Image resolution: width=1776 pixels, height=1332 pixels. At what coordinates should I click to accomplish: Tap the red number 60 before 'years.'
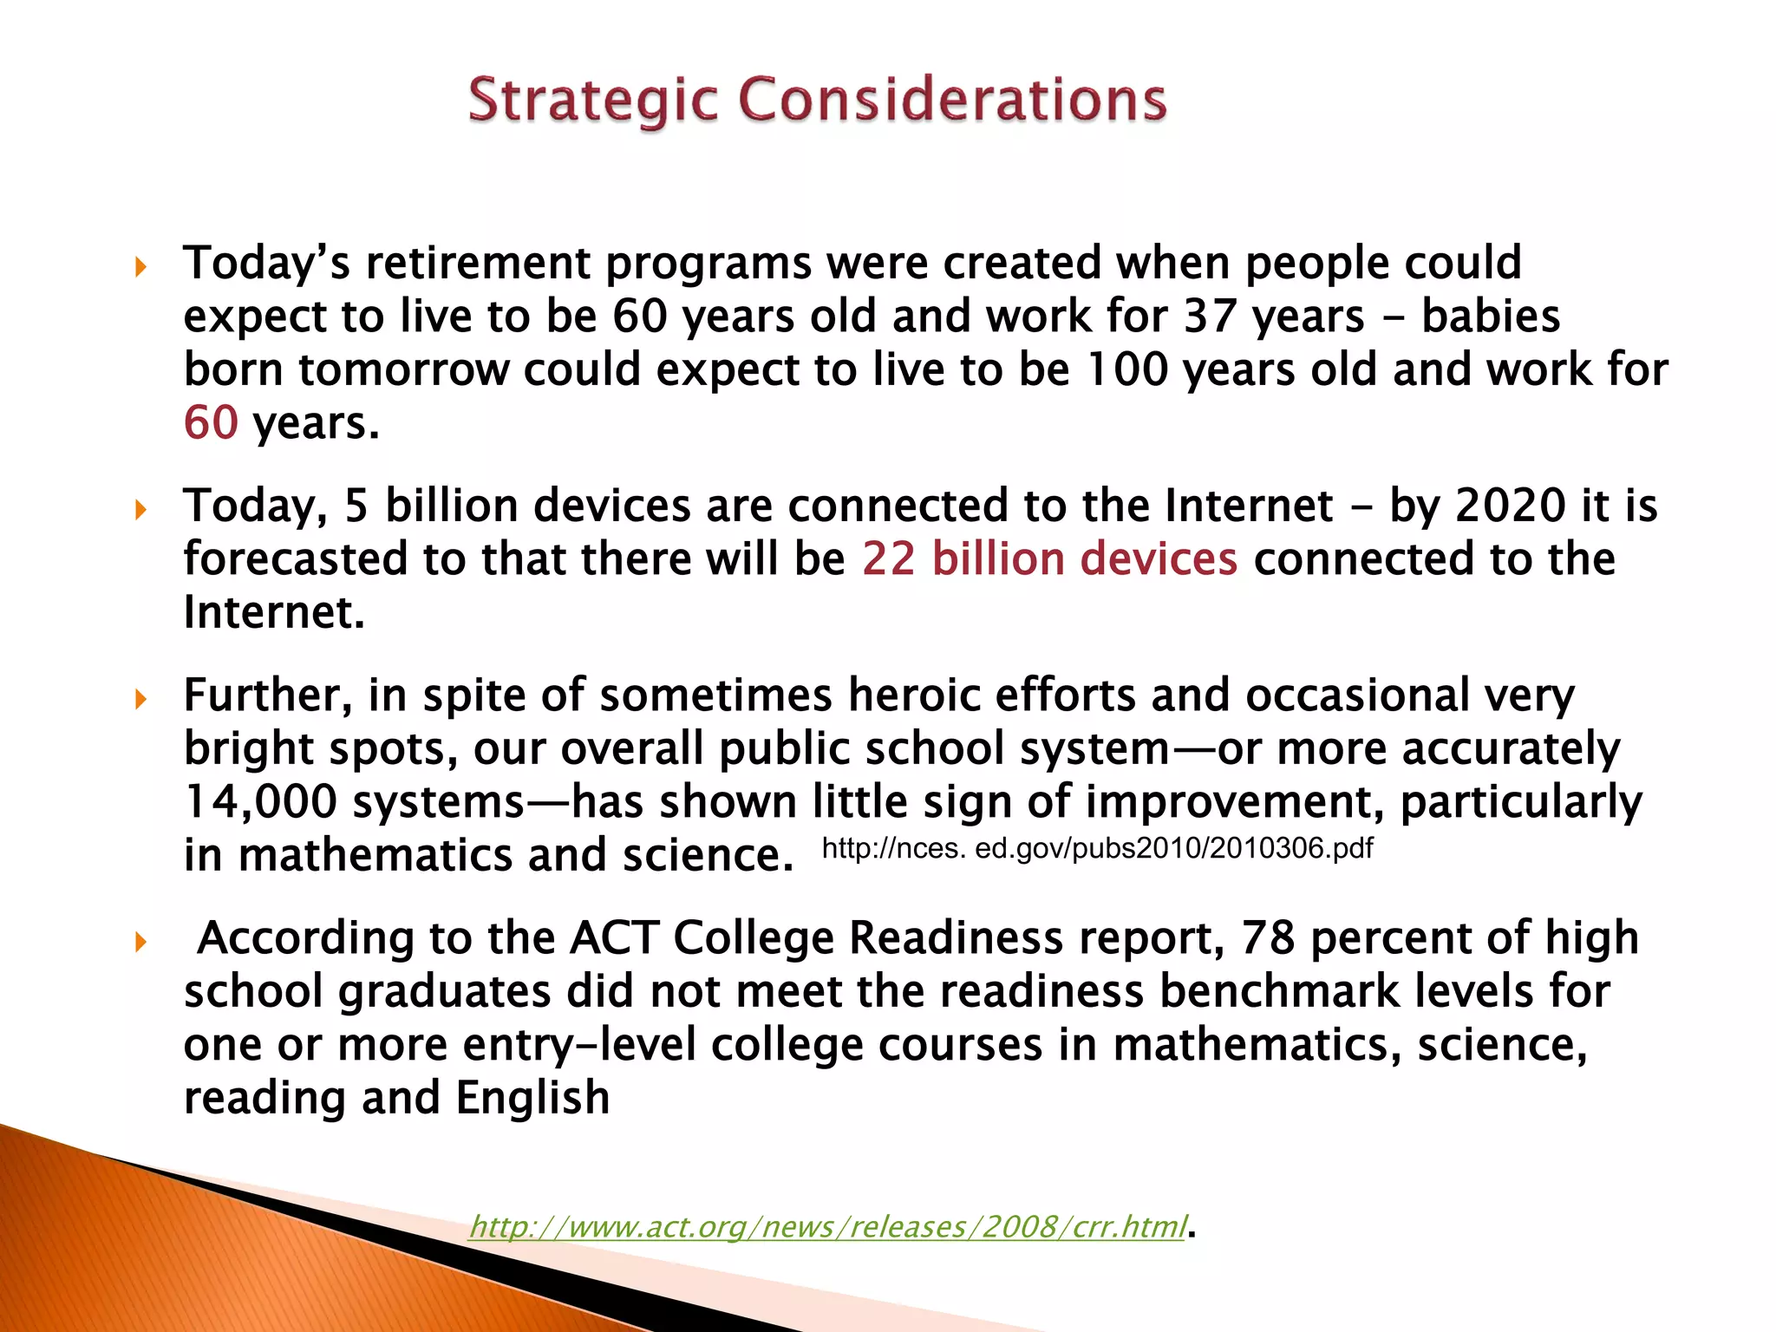211,423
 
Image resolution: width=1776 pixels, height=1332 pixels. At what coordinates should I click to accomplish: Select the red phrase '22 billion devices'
1049,558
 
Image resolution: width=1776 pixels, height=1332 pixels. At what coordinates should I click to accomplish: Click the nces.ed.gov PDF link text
1097,847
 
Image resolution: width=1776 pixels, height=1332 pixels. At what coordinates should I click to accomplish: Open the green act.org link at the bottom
827,1226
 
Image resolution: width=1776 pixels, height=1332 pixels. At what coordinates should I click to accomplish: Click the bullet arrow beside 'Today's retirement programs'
141,266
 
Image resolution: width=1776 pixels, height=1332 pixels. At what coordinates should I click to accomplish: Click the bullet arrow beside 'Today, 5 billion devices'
141,509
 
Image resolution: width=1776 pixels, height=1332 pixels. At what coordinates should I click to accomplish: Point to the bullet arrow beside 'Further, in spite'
141,698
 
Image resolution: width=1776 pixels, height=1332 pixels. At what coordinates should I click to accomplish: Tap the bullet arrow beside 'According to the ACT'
141,941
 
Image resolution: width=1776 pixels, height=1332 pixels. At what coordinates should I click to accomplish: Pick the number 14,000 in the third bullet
260,802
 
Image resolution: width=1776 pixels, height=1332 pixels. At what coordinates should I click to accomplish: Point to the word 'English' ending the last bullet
532,1099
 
